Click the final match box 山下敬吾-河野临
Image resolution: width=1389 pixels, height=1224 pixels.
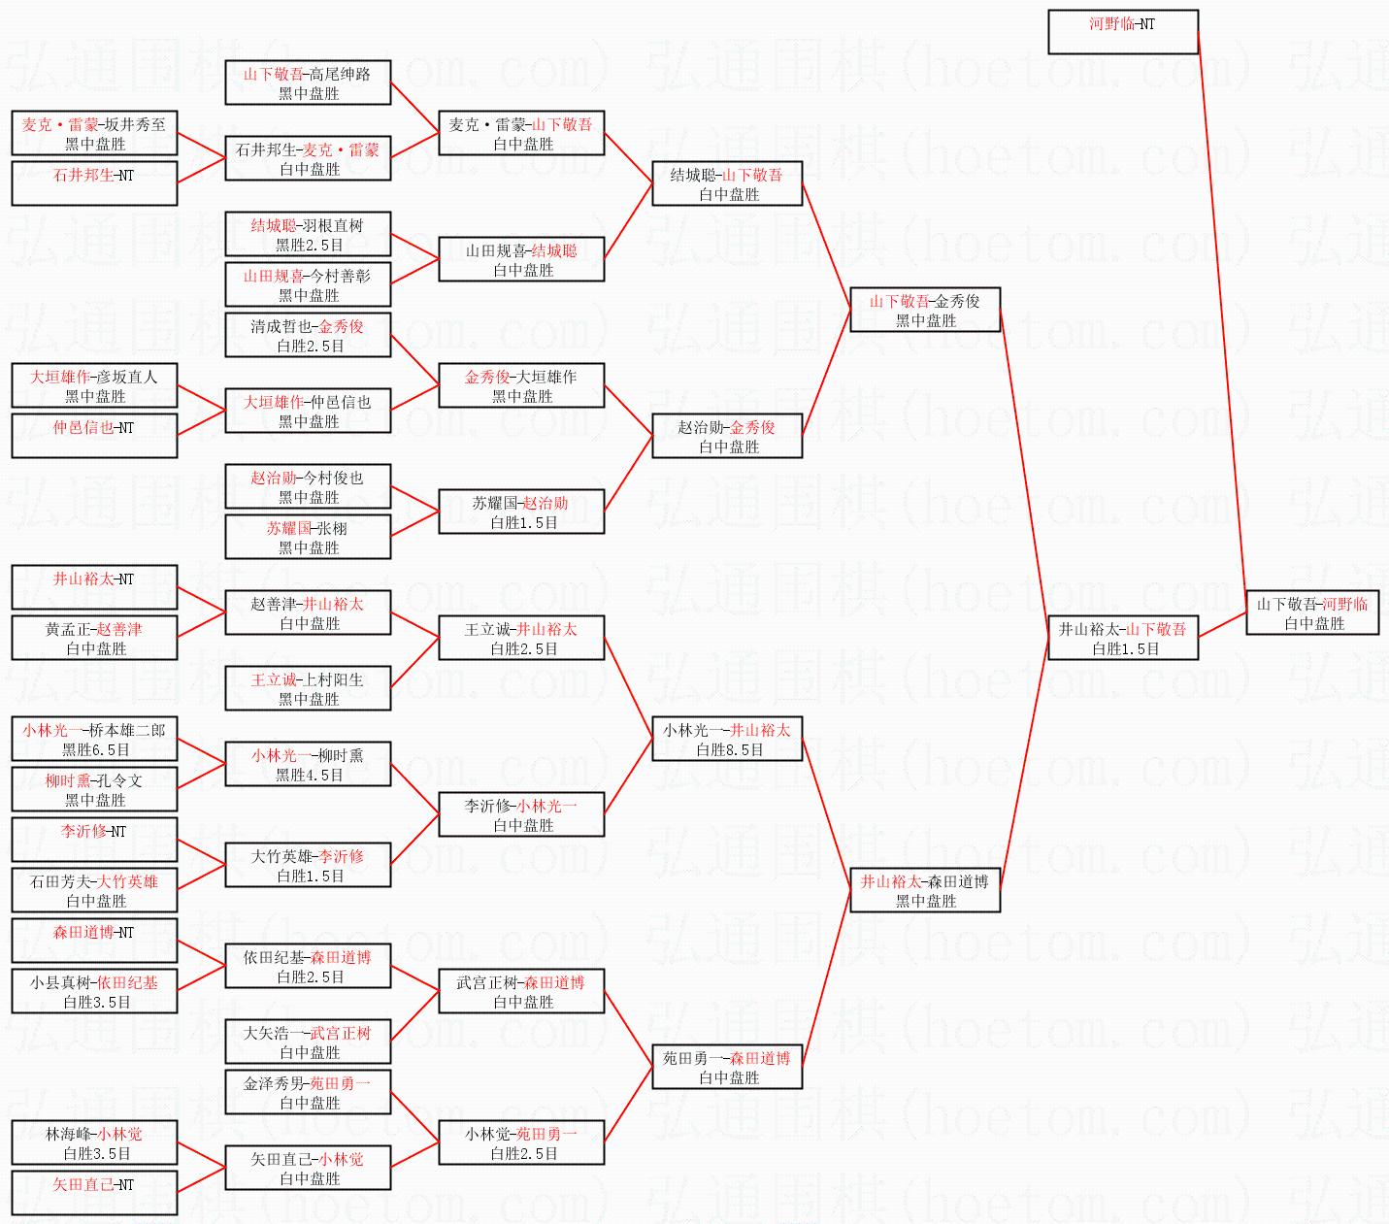pyautogui.click(x=1312, y=613)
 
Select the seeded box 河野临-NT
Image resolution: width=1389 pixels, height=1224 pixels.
pyautogui.click(x=1123, y=32)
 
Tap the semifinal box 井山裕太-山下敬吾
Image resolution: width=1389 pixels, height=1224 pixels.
pyautogui.click(x=1123, y=639)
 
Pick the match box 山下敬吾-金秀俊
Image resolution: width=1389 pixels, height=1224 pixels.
pyautogui.click(x=925, y=311)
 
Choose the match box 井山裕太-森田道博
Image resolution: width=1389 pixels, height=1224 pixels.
pyautogui.click(x=925, y=891)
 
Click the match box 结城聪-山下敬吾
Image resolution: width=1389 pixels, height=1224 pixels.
pyautogui.click(x=727, y=184)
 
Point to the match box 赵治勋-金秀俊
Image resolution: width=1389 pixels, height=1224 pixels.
pyautogui.click(x=727, y=437)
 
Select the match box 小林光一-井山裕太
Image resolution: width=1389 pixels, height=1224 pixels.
pyautogui.click(x=727, y=740)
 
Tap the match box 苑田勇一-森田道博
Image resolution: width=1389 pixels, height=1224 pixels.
pyautogui.click(x=727, y=1068)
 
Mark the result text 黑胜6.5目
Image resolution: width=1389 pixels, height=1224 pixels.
pyautogui.click(x=95, y=750)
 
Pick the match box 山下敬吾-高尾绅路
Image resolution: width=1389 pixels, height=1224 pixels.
pyautogui.click(x=308, y=83)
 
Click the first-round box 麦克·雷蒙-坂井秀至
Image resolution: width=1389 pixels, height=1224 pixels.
pyautogui.click(x=94, y=134)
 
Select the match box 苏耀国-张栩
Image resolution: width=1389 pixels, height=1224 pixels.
pyautogui.click(x=308, y=538)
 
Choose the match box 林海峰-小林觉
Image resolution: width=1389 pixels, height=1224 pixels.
pyautogui.click(x=94, y=1143)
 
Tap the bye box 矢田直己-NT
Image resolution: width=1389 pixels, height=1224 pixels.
pyautogui.click(x=94, y=1193)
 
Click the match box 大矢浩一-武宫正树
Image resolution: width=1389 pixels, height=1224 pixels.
pyautogui.click(x=308, y=1042)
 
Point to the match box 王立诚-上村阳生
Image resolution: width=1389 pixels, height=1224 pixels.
pyautogui.click(x=308, y=689)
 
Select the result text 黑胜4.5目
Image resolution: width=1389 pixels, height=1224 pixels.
pyautogui.click(x=309, y=776)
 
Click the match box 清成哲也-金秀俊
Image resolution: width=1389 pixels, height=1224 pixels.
pyautogui.click(x=308, y=336)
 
